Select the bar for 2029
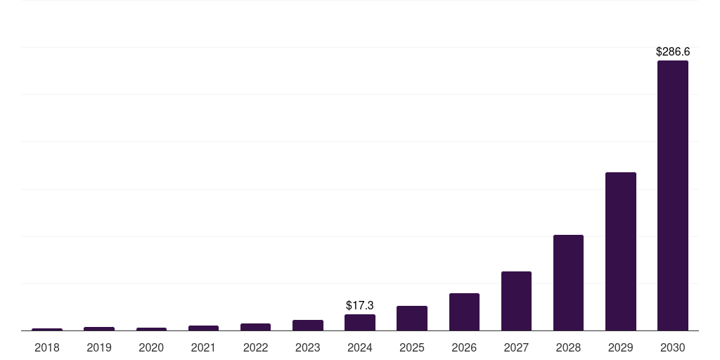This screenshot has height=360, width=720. [x=620, y=251]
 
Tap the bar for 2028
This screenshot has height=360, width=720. [x=568, y=283]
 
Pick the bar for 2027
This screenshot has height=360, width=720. [x=516, y=301]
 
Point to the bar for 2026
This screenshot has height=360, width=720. [x=464, y=311]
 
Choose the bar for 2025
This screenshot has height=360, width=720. [x=412, y=318]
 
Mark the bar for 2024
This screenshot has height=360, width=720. [x=360, y=322]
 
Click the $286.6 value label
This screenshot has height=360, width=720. [x=673, y=51]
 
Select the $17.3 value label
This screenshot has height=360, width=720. [x=360, y=305]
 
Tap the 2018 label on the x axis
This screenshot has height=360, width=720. [x=47, y=347]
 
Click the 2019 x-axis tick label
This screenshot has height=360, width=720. [x=99, y=347]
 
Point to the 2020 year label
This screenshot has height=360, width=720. [x=151, y=347]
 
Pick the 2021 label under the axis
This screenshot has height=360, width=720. [x=203, y=347]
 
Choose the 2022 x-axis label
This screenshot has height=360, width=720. [x=256, y=347]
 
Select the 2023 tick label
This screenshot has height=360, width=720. [x=308, y=347]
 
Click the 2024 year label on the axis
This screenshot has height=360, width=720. [x=360, y=347]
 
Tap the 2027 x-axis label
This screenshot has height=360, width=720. [x=516, y=347]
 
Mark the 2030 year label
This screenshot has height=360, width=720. [x=673, y=347]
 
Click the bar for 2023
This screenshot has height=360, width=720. [x=308, y=325]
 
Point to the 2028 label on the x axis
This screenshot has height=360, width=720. [x=568, y=347]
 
